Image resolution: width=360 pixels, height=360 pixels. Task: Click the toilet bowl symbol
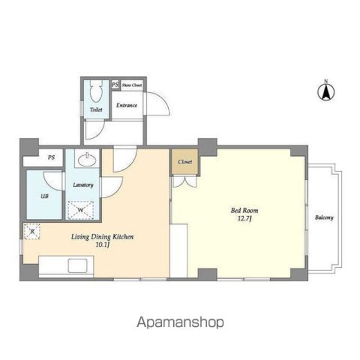[96, 91]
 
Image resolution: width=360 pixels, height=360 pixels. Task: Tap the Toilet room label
[96, 110]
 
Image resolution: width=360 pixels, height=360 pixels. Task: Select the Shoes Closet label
[132, 85]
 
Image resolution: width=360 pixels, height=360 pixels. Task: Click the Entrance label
[127, 105]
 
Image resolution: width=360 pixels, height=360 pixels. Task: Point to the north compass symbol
[326, 91]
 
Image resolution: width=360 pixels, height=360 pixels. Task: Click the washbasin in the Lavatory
[87, 159]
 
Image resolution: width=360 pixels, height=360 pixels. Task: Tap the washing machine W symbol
[80, 210]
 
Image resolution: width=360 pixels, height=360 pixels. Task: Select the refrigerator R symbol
[32, 231]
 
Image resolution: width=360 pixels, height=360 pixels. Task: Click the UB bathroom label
[44, 196]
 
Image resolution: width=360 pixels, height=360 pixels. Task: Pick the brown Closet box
[185, 161]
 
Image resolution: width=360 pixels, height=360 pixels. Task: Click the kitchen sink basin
[78, 265]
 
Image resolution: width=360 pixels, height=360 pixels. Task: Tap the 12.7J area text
[245, 218]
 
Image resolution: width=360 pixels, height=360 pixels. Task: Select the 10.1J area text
[102, 245]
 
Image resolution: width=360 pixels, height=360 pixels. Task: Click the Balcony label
[324, 218]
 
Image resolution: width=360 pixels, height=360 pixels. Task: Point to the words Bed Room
[245, 210]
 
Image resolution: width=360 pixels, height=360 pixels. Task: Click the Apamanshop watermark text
[181, 322]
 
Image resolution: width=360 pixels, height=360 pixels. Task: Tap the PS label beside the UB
[51, 157]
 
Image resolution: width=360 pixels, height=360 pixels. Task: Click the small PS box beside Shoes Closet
[115, 85]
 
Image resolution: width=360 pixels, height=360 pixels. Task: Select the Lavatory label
[83, 185]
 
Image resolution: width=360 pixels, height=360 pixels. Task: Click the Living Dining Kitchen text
[102, 237]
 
